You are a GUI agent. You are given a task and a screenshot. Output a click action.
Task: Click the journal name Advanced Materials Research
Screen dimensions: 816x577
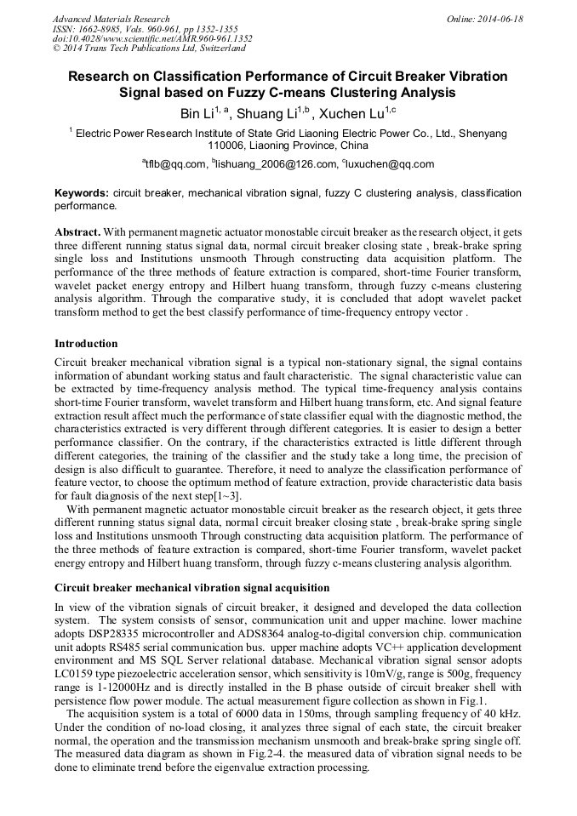tap(111, 19)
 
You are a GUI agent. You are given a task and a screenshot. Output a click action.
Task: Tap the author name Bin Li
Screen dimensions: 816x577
tap(197, 113)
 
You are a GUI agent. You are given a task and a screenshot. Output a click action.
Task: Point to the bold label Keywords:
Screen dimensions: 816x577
tap(82, 194)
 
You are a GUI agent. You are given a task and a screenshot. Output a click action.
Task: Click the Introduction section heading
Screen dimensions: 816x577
tap(86, 344)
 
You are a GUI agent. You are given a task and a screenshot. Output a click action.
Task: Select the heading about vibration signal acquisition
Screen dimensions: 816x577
tap(191, 588)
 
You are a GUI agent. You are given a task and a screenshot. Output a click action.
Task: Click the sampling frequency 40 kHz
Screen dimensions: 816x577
tap(499, 714)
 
